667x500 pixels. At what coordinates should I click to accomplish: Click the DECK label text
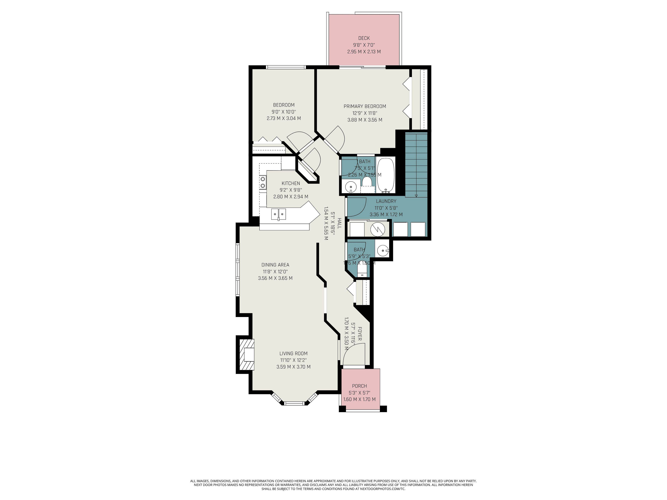click(x=364, y=38)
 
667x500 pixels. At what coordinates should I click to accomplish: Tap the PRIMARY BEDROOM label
click(x=365, y=106)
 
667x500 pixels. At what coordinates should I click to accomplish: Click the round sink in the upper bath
click(x=351, y=187)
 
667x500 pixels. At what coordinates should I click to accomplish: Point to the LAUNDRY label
click(x=386, y=201)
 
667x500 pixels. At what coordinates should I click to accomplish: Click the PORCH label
click(x=359, y=386)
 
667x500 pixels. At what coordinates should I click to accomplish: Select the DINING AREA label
click(x=275, y=265)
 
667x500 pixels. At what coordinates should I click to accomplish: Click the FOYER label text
click(x=359, y=333)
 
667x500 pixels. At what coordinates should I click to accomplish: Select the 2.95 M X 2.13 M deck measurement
click(x=364, y=52)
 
